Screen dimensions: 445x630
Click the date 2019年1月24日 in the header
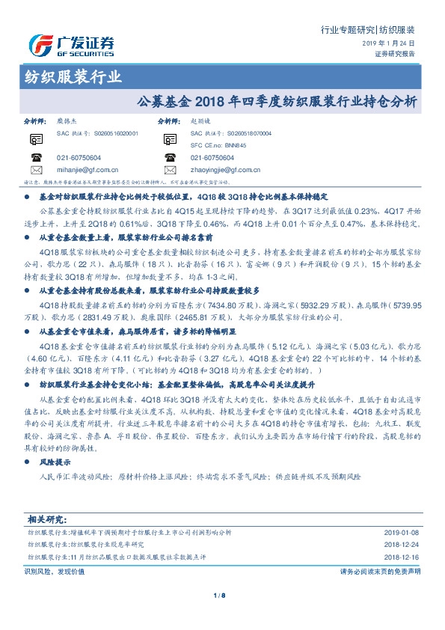click(x=393, y=44)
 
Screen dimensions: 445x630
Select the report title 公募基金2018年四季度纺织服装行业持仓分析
click(x=277, y=100)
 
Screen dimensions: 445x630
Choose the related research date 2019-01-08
click(x=401, y=532)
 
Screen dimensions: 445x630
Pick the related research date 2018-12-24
click(x=401, y=545)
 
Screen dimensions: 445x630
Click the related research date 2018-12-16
click(x=401, y=557)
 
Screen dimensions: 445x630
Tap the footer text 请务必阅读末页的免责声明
click(x=380, y=571)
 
